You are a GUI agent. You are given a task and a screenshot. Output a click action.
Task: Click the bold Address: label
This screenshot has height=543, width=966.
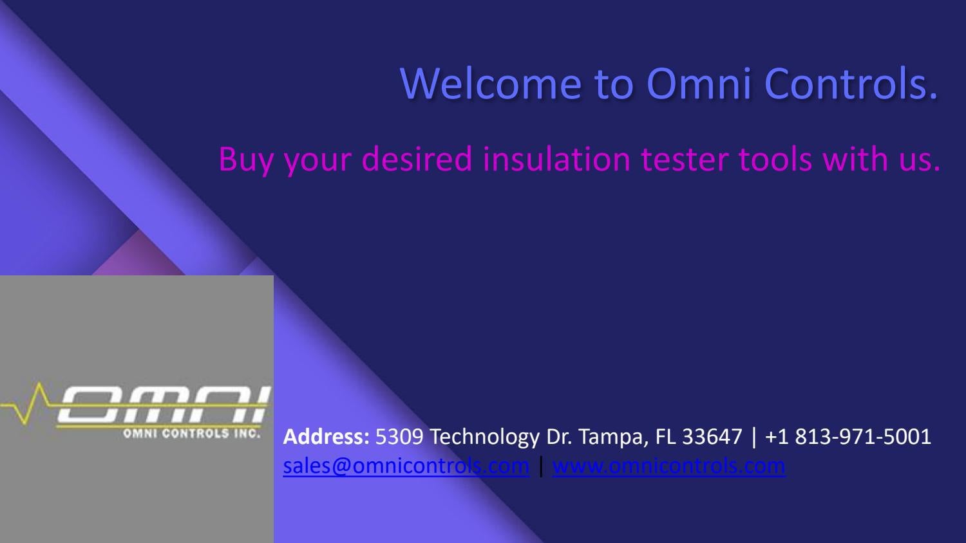click(x=326, y=437)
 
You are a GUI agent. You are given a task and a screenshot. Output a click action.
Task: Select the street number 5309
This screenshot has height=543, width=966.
click(x=399, y=437)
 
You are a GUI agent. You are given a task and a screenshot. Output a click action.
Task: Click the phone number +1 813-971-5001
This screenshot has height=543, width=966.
click(x=848, y=437)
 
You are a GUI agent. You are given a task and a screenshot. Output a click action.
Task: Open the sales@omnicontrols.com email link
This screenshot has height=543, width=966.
click(x=406, y=466)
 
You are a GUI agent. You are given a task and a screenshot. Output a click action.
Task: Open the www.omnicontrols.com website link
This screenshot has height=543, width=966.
click(x=668, y=466)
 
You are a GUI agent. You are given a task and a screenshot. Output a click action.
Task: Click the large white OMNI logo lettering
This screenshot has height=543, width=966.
click(x=161, y=405)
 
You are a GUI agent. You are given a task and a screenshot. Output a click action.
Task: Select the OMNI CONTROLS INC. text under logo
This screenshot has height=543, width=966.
click(x=191, y=434)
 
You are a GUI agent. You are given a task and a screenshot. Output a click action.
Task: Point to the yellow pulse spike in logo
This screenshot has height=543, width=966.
click(x=40, y=401)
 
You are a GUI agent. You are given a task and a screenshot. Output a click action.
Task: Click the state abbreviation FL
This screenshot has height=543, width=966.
click(x=666, y=437)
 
